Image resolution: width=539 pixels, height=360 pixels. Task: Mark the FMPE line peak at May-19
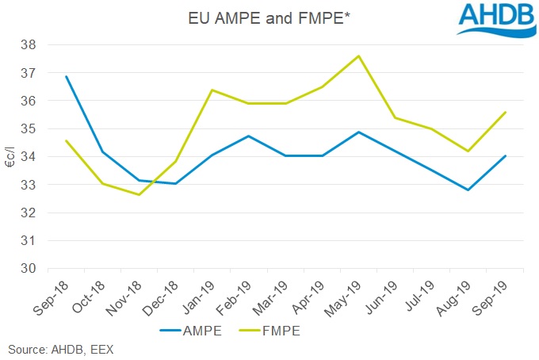coord(359,56)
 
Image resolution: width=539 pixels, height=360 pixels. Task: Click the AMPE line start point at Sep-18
coord(67,77)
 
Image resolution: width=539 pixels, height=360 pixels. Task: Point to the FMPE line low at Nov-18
coord(140,194)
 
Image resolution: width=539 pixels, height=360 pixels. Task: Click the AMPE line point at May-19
coord(359,132)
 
